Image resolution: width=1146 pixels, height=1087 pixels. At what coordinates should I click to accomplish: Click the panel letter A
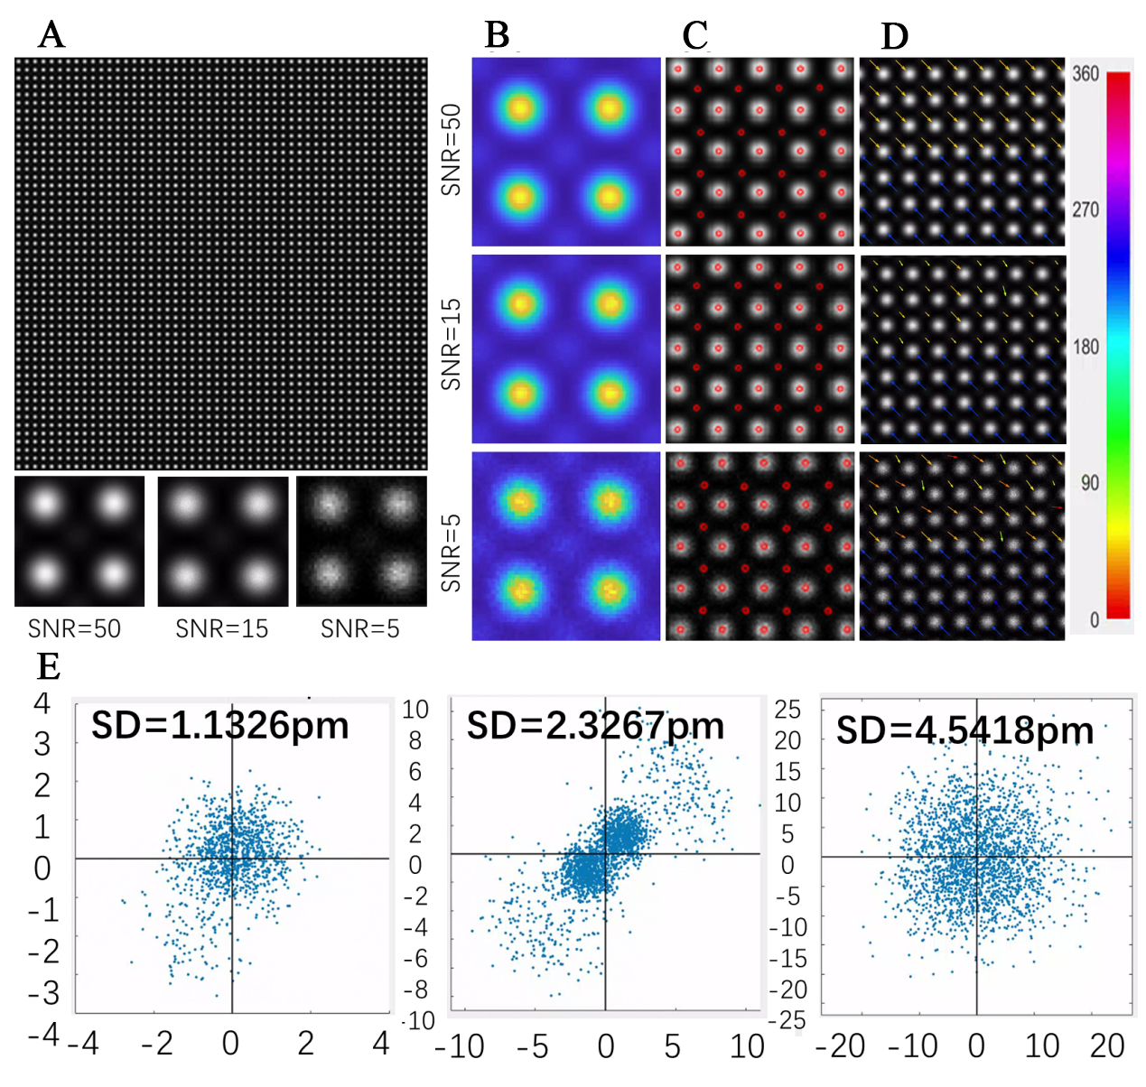point(51,35)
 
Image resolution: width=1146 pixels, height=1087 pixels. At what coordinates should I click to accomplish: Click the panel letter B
point(498,35)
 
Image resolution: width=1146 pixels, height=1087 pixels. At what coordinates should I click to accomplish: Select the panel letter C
point(694,35)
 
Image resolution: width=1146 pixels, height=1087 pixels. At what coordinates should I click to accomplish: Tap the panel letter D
point(893,36)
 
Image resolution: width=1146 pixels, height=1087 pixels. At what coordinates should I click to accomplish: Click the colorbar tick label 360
point(1085,74)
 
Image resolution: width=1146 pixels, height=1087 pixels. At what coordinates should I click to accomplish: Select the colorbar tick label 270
point(1085,210)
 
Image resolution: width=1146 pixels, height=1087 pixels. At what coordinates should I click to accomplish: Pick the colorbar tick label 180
point(1085,348)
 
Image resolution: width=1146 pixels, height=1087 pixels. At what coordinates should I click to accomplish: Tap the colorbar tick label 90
point(1090,483)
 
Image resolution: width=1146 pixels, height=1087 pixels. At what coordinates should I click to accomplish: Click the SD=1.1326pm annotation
point(219,726)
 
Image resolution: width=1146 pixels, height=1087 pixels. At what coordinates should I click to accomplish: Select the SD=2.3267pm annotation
point(595,726)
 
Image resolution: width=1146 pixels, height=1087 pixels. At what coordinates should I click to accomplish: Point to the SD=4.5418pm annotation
point(964,730)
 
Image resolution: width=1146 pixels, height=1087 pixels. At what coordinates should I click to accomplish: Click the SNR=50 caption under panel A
point(74,628)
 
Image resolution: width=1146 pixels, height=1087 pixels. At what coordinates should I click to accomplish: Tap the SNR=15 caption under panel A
point(222,628)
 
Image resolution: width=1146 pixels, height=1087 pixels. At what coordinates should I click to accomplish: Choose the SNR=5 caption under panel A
point(360,628)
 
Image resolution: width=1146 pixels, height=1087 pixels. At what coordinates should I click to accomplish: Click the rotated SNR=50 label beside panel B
point(451,150)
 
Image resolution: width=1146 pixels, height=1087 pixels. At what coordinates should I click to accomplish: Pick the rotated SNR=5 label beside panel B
point(451,553)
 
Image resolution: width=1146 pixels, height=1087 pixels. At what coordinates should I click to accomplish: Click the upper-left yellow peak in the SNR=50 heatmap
point(520,108)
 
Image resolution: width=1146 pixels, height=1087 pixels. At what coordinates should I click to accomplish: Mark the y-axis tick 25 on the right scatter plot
point(787,710)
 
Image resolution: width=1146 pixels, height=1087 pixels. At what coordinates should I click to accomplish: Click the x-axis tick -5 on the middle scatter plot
point(532,1046)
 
